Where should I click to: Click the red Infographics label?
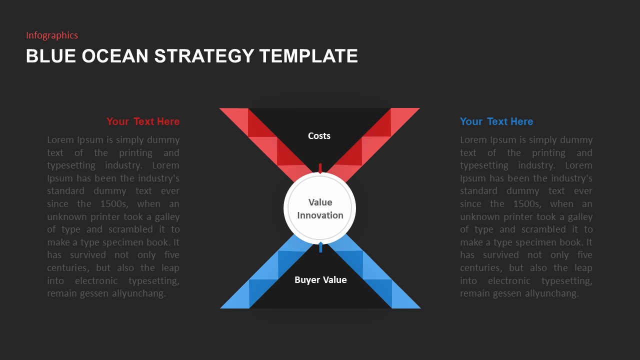coord(52,35)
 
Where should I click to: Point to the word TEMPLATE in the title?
coord(308,56)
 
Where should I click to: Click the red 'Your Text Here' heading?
coord(143,121)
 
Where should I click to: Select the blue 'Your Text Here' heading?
coord(496,121)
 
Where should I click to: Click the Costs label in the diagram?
coord(319,136)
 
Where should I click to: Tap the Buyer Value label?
coord(320,280)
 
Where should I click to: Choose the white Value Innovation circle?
coord(320,208)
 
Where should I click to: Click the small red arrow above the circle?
coord(320,168)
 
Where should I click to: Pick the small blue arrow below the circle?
coord(320,247)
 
